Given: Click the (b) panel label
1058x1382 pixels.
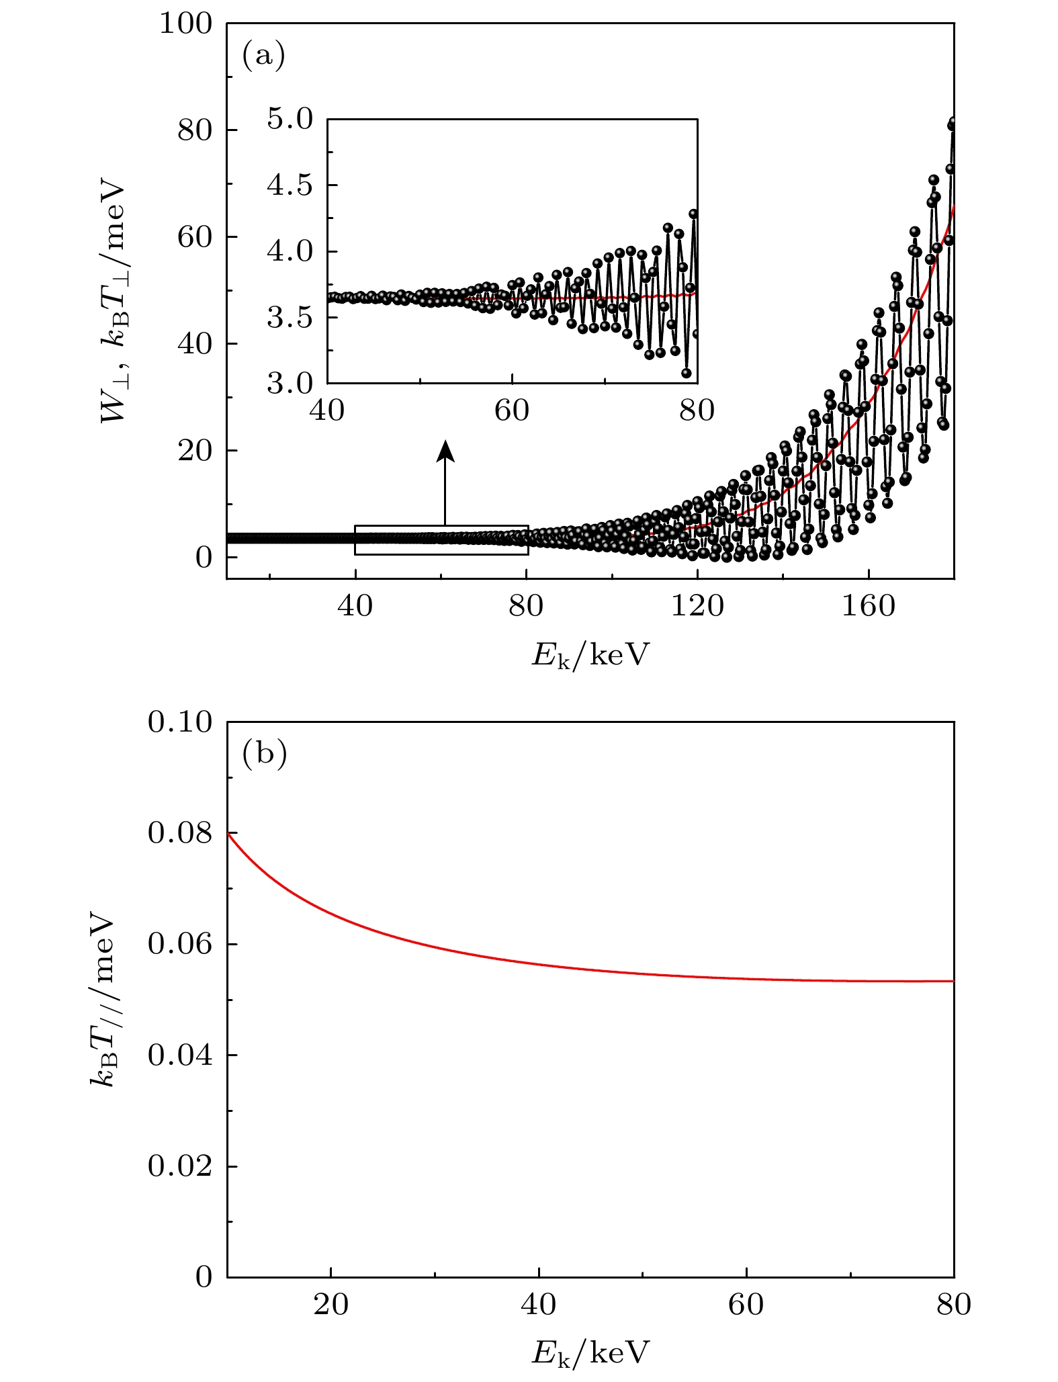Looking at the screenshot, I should (264, 753).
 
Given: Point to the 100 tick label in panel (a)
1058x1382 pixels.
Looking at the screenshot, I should (185, 24).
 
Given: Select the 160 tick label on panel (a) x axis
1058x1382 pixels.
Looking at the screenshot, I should (869, 606).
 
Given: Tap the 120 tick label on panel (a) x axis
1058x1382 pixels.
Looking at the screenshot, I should (697, 606).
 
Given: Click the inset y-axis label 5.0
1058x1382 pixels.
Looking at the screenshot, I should (290, 120).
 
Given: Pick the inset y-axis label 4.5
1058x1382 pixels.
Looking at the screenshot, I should (290, 185).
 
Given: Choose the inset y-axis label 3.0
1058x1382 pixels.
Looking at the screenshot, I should (290, 384).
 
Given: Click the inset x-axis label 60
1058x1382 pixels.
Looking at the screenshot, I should (512, 411).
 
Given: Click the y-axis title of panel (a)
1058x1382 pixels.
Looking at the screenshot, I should (112, 302).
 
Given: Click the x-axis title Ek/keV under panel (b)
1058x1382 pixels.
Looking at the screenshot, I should (590, 1352).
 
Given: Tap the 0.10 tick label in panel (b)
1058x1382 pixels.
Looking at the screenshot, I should (179, 722).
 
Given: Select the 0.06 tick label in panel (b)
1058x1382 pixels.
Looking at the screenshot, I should (179, 944).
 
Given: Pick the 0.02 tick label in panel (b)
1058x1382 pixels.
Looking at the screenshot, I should (179, 1166).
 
